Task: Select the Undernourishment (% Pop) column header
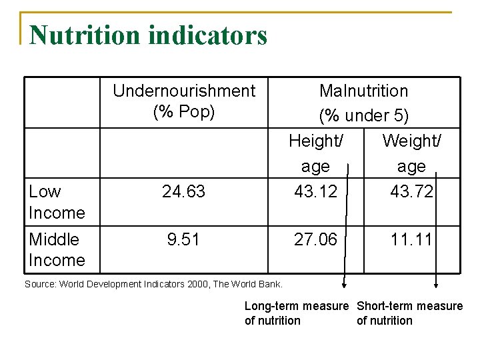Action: pos(184,101)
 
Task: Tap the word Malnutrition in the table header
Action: pos(364,91)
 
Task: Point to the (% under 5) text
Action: pos(364,115)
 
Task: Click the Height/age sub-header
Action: pos(316,153)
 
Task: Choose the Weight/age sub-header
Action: pos(411,153)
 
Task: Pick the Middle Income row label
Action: pos(57,249)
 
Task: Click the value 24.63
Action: pos(183,192)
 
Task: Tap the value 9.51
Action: pos(183,239)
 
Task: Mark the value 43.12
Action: pos(316,192)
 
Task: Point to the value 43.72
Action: pos(411,192)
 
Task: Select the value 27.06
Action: pos(316,239)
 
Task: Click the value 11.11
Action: pos(411,239)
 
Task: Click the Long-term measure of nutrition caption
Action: pos(296,313)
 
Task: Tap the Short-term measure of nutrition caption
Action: pos(409,313)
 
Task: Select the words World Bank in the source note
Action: pos(257,285)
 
